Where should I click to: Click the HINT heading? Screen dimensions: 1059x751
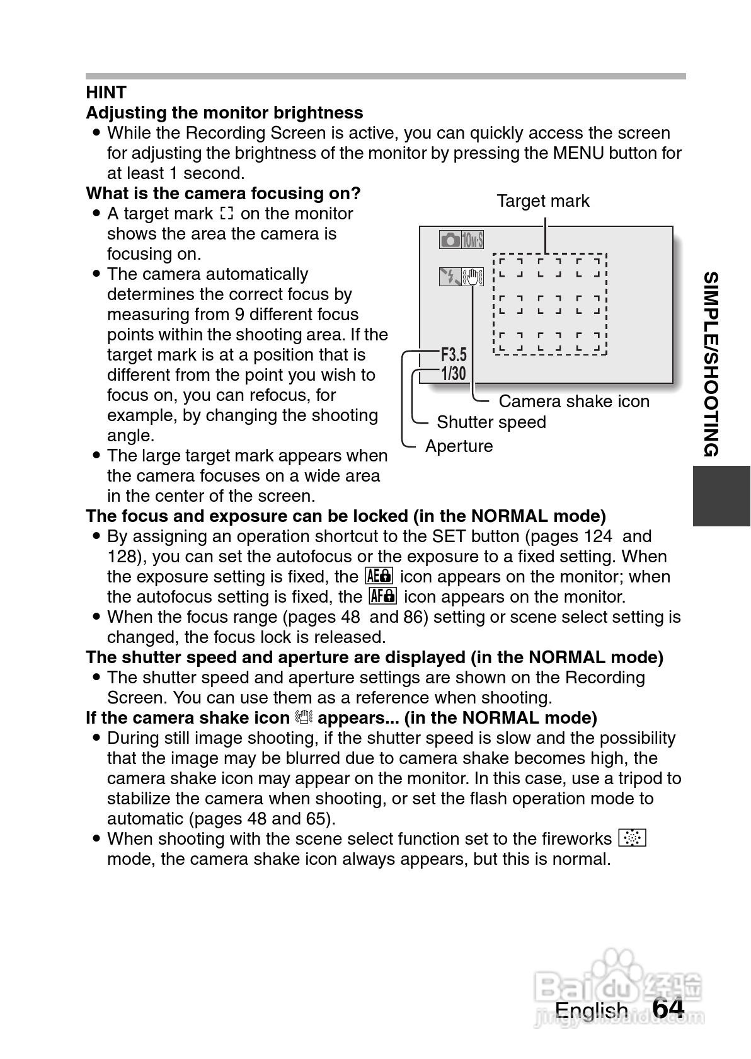coord(106,93)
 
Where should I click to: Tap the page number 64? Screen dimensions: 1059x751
coord(668,1009)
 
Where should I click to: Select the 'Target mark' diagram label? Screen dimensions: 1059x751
coord(542,201)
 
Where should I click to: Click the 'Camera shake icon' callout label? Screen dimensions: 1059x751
coord(573,402)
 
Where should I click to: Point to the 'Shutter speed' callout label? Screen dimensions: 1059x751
coord(491,422)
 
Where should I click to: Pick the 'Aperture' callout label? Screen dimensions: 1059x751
coord(459,446)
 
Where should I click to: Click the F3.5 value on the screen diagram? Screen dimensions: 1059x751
coord(454,354)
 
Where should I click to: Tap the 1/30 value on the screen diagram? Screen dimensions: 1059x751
coord(454,374)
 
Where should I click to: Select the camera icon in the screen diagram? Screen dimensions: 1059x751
coord(450,240)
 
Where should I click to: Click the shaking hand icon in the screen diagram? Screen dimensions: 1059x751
coord(473,276)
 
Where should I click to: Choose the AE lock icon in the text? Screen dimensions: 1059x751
coord(379,576)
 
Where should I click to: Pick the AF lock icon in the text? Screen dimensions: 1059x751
coord(382,596)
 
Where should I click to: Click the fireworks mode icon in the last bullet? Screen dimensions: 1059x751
coord(633,838)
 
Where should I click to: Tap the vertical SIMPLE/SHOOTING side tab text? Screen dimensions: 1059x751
coord(711,364)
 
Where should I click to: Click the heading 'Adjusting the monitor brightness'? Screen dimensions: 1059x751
coord(224,113)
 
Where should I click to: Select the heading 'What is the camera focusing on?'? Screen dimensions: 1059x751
coord(223,193)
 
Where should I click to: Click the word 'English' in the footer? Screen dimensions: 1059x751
coord(591,1010)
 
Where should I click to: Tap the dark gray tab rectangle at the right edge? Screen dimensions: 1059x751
coord(721,495)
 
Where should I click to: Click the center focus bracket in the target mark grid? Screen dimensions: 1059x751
coord(550,304)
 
